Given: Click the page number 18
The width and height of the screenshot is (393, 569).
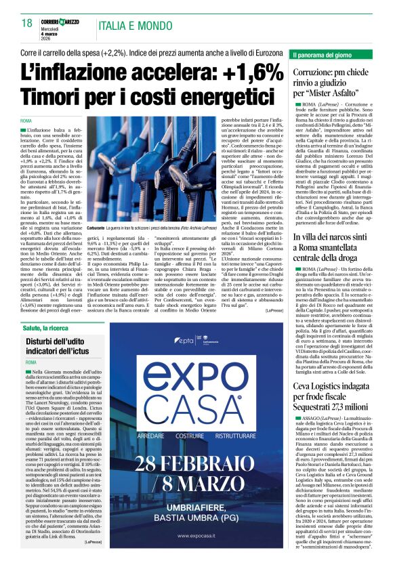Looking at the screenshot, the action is click(28, 24).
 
